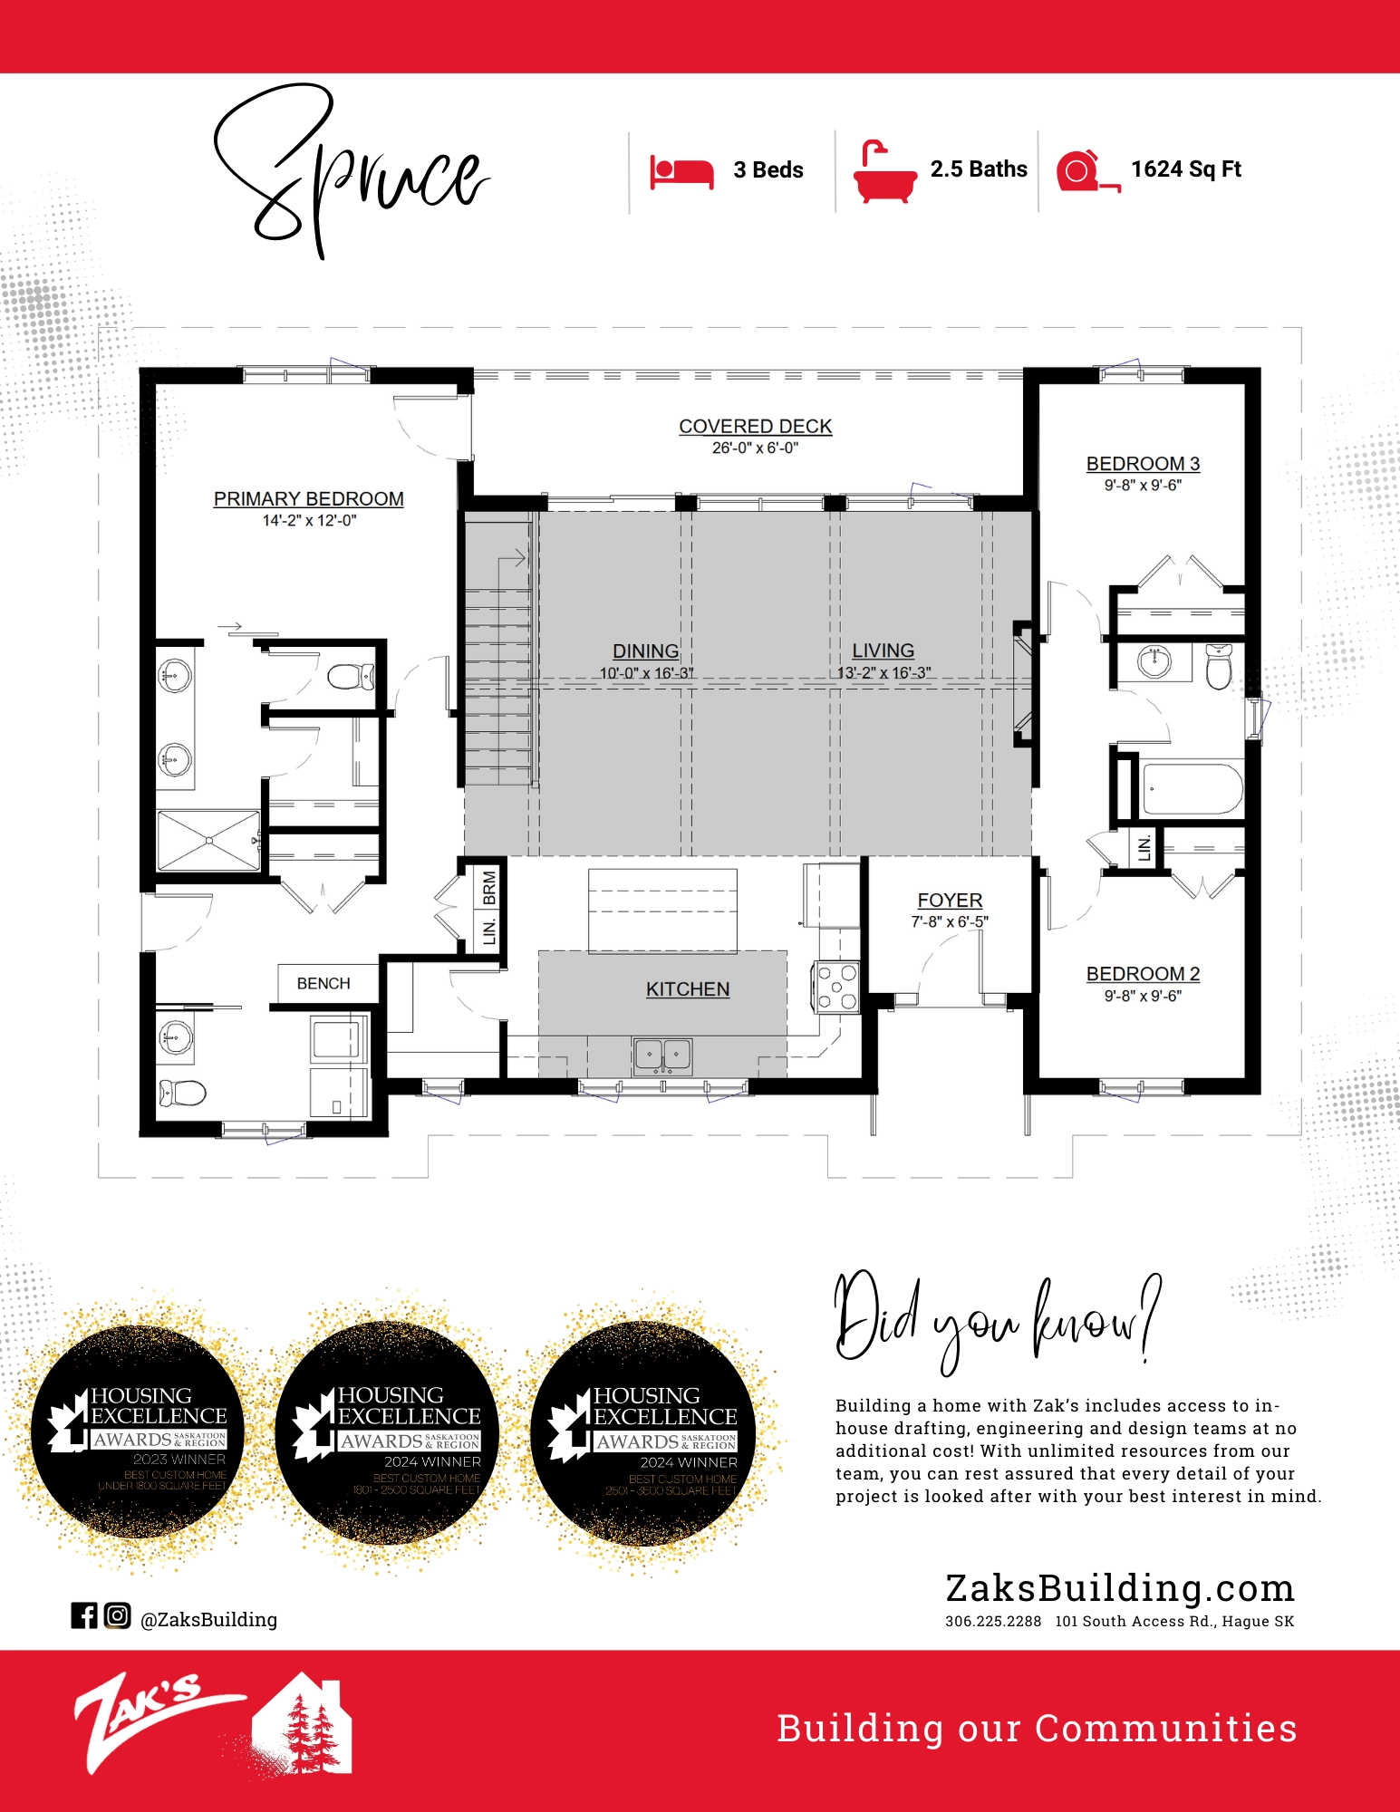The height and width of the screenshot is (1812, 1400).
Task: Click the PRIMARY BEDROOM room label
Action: coord(308,499)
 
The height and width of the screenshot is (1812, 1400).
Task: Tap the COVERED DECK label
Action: coord(755,427)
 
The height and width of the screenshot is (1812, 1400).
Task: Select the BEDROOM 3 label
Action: coord(1143,464)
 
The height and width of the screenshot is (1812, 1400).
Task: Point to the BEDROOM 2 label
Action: coord(1143,974)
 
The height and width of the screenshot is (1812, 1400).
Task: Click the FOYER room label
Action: coord(950,901)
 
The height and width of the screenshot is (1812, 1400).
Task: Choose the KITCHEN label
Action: coord(688,989)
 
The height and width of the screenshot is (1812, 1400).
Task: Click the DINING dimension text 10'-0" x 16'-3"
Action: coord(646,673)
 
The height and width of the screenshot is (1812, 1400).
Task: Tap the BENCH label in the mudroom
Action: coord(323,983)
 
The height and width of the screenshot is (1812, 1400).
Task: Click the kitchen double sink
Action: coord(662,1055)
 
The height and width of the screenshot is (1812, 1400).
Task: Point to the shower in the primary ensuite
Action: coord(208,841)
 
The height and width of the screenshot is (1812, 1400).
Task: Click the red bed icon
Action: coord(681,171)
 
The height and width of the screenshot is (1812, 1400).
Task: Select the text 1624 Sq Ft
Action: coord(1185,169)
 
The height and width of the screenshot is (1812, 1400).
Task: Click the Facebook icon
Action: coord(83,1615)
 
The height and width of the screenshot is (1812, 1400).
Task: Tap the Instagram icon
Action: coord(117,1615)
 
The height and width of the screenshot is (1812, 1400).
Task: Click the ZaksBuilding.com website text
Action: coord(1119,1588)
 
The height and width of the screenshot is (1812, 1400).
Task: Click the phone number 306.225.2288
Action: coord(993,1622)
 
